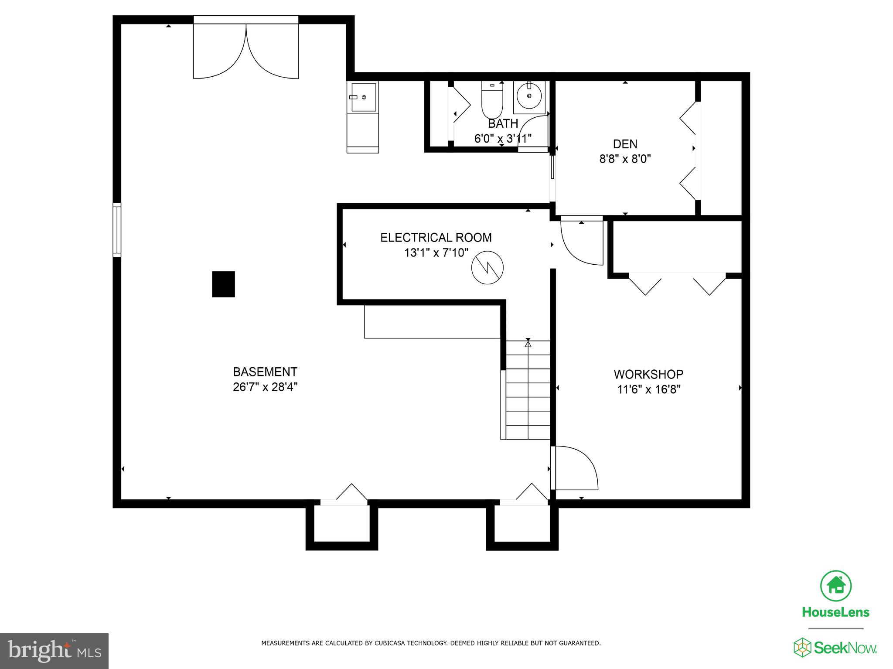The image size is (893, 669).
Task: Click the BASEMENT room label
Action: pyautogui.click(x=265, y=372)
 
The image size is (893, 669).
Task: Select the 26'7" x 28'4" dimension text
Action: pyautogui.click(x=265, y=387)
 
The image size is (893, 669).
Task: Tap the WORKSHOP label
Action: pyautogui.click(x=648, y=374)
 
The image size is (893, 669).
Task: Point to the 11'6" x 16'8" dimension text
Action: pyautogui.click(x=648, y=389)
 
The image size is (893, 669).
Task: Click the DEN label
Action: pyautogui.click(x=625, y=144)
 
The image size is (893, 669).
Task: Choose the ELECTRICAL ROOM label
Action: pyautogui.click(x=436, y=238)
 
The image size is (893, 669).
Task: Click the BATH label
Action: pyautogui.click(x=503, y=123)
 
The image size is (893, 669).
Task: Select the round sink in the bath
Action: pyautogui.click(x=529, y=96)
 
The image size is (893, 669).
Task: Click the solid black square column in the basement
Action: pyautogui.click(x=223, y=284)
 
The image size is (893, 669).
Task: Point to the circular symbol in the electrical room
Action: pyautogui.click(x=487, y=268)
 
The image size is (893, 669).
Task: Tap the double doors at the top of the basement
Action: pyautogui.click(x=246, y=50)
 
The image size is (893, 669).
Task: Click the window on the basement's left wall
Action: pyautogui.click(x=117, y=230)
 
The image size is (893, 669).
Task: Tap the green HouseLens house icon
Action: pyautogui.click(x=835, y=586)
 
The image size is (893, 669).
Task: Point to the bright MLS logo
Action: pyautogui.click(x=54, y=651)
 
